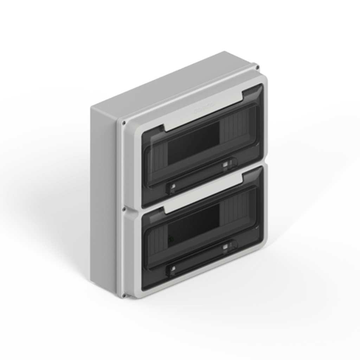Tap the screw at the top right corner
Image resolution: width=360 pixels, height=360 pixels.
pyautogui.click(x=257, y=67)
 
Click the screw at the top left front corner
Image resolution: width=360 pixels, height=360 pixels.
pyautogui.click(x=124, y=123)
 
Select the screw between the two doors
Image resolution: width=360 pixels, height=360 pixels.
pyautogui.click(x=124, y=210)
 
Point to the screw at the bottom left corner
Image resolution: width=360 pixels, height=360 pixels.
pyautogui.click(x=123, y=295)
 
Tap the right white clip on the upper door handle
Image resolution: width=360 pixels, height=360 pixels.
pyautogui.click(x=225, y=164)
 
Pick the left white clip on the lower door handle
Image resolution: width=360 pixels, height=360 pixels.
pyautogui.click(x=172, y=270)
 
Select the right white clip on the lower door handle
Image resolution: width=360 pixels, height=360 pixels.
pyautogui.click(x=225, y=247)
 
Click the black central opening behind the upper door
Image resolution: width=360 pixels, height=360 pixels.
pyautogui.click(x=193, y=142)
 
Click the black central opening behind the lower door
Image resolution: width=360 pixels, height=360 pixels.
pyautogui.click(x=193, y=225)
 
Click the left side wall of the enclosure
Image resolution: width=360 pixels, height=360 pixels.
pyautogui.click(x=104, y=197)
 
